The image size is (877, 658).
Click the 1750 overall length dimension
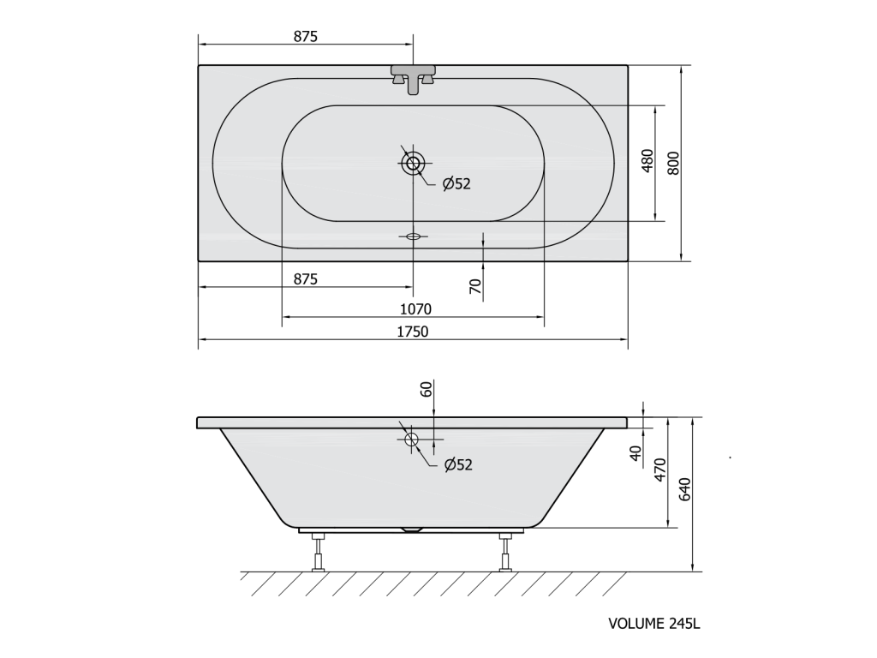413,332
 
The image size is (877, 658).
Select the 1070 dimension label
415,308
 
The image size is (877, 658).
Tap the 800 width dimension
673,163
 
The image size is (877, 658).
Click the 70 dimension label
474,286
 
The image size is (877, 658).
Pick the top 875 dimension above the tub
306,36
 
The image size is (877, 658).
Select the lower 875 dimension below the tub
306,278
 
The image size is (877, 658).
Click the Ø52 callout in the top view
456,183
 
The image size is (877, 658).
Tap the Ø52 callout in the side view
458,464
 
